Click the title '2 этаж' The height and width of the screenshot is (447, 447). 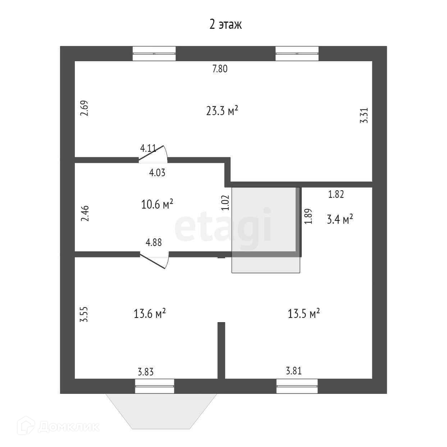[x=225, y=24]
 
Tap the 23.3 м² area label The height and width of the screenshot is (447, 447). [x=222, y=111]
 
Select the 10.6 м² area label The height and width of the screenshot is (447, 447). [x=157, y=205]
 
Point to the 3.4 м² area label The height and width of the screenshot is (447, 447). [x=339, y=219]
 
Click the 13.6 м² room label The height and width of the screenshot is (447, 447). [x=150, y=314]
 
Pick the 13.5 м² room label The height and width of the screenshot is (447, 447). [x=304, y=314]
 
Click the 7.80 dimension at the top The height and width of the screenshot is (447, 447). [x=220, y=69]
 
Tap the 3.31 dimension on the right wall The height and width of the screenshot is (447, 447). [x=364, y=116]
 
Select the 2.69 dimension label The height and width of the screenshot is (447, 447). [x=85, y=108]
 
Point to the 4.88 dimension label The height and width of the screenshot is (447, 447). [x=154, y=242]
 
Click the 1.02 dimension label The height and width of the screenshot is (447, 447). [x=225, y=202]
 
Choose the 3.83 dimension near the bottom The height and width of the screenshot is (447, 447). [x=146, y=372]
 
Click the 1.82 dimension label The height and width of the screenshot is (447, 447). [x=336, y=194]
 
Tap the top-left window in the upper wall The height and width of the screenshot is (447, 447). [x=154, y=54]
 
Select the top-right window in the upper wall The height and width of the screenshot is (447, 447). [x=297, y=54]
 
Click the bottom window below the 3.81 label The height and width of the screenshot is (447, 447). [x=297, y=386]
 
